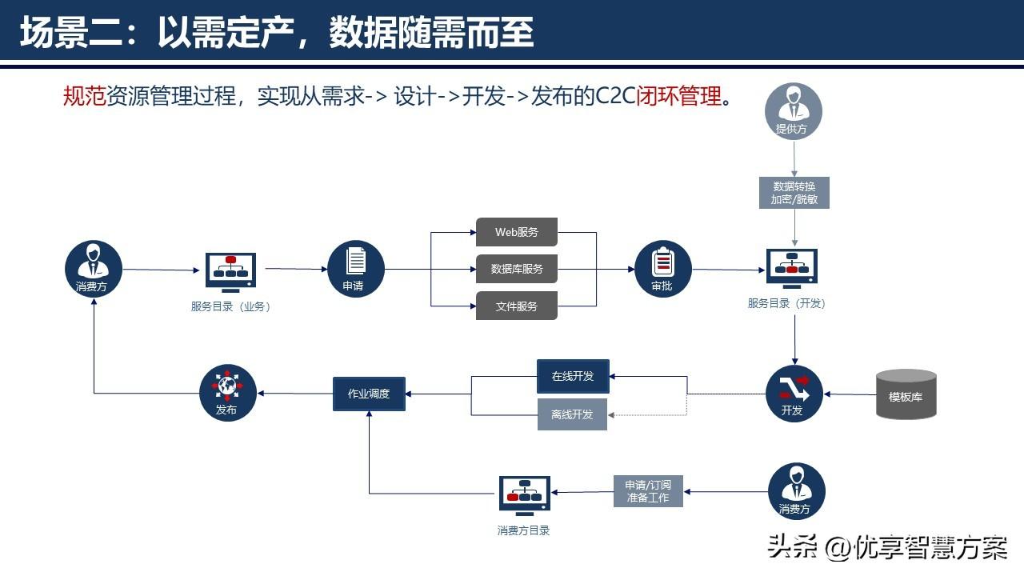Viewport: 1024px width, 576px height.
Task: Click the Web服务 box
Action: (x=517, y=232)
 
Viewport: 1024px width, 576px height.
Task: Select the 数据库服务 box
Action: (x=517, y=269)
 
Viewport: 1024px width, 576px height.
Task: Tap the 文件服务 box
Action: (x=517, y=306)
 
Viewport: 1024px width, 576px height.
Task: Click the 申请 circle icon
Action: (x=356, y=269)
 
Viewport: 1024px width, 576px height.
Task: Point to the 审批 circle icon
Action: (x=663, y=269)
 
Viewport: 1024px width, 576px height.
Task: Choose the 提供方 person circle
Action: (x=794, y=111)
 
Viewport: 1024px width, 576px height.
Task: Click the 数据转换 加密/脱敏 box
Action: (x=794, y=193)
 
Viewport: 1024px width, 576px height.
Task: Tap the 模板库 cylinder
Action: (x=906, y=394)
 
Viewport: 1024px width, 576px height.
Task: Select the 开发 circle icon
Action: (x=794, y=394)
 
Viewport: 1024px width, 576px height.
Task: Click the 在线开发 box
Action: (x=573, y=376)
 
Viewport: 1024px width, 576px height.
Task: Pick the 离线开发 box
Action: (x=572, y=414)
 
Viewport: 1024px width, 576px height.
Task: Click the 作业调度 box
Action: (x=369, y=394)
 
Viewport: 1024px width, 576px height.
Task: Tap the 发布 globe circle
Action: (x=228, y=393)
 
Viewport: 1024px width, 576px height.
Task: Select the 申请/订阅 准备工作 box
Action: (x=648, y=491)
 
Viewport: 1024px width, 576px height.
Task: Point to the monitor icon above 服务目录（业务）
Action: (x=230, y=273)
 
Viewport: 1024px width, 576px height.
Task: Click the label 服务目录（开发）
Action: (x=786, y=303)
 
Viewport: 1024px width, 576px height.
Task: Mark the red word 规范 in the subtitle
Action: (x=85, y=97)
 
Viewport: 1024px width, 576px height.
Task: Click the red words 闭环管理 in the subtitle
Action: (x=679, y=97)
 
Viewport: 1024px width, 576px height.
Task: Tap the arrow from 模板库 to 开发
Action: (x=850, y=394)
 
